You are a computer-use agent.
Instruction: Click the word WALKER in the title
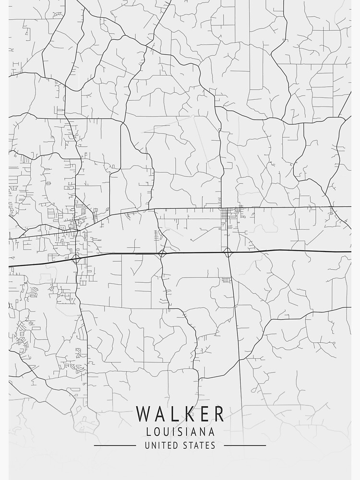(180, 414)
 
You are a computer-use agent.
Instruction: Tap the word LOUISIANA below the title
(180, 432)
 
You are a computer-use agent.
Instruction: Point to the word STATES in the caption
(200, 446)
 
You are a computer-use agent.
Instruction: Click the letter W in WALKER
(144, 414)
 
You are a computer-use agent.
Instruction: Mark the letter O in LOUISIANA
(157, 432)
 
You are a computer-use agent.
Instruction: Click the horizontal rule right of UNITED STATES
(245, 446)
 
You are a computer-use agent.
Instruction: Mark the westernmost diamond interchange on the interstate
(77, 259)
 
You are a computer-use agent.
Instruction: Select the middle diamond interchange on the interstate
(162, 253)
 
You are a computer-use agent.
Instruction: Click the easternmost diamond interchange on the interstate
(228, 252)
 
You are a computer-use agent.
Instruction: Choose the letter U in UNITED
(147, 446)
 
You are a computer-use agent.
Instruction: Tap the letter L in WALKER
(174, 414)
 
